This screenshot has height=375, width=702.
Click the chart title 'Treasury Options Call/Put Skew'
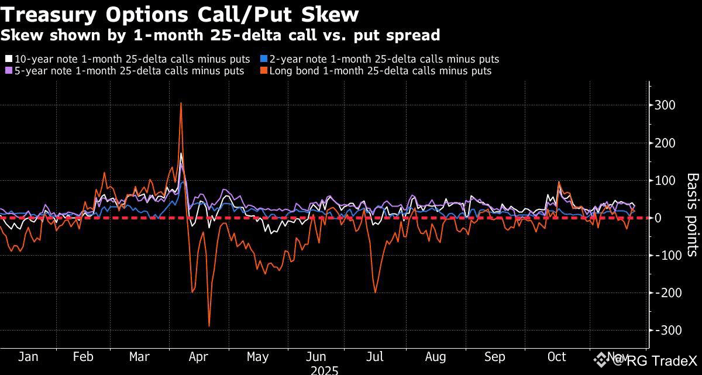tap(180, 13)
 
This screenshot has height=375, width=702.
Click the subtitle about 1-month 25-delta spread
tap(220, 35)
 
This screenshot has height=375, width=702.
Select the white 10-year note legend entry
tap(128, 59)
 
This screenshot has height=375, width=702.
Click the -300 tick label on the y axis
tap(666, 330)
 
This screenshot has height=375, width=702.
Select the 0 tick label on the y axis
tap(659, 218)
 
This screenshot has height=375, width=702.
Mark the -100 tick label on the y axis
tap(666, 255)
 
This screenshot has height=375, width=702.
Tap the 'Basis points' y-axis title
tap(692, 214)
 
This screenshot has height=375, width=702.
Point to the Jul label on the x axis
tap(374, 357)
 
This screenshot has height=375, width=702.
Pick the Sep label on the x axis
tap(495, 357)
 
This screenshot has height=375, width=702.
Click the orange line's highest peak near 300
tap(181, 103)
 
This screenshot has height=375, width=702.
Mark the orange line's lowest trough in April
tap(209, 326)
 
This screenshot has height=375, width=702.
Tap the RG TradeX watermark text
tap(654, 360)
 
